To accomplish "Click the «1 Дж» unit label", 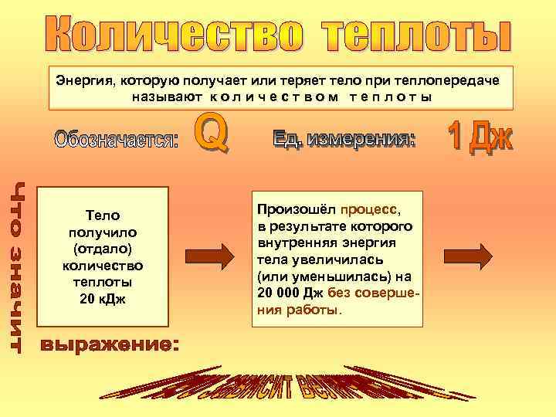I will coord(480,137).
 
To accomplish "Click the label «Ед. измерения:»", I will coord(344,139).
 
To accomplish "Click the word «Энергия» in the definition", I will coord(81,81).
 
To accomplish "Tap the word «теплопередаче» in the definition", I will coord(458,81).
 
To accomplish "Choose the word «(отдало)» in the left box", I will coord(103,249).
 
